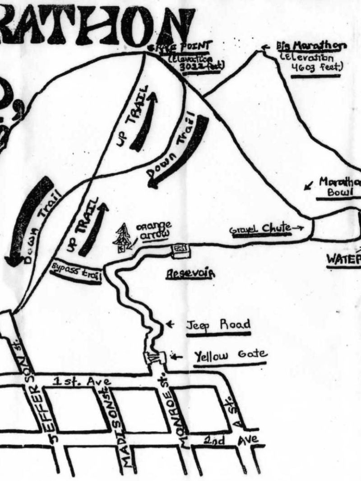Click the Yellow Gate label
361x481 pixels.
pos(231,356)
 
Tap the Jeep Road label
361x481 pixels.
pos(218,325)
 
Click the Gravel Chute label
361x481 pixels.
pos(259,229)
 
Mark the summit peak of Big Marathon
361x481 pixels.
pos(261,51)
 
